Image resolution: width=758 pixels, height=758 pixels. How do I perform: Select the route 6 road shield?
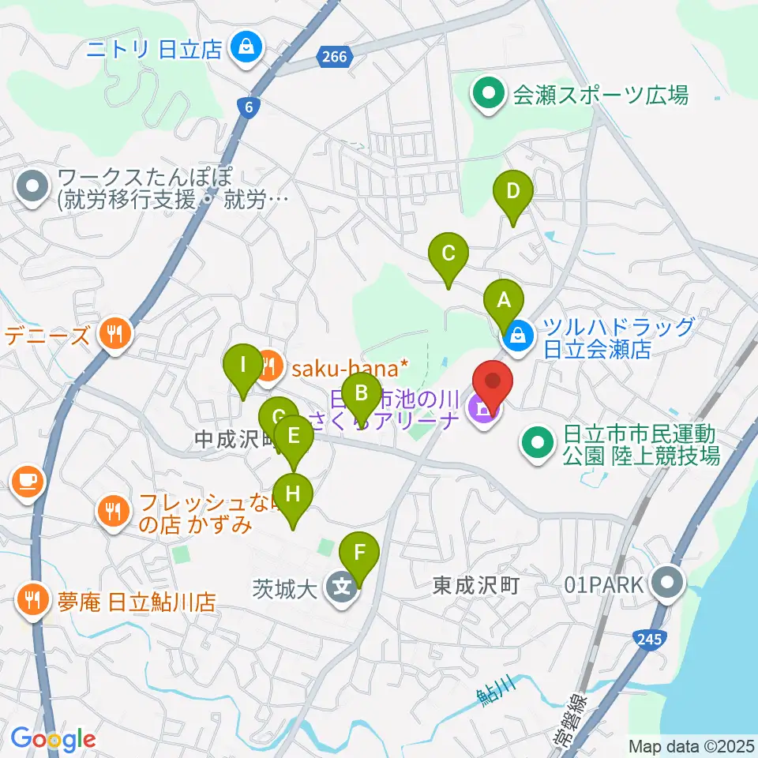(249, 109)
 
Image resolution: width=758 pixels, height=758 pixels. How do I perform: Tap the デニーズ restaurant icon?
(115, 336)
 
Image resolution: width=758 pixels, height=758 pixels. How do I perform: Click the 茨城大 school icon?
(341, 587)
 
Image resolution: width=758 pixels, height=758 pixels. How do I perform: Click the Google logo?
(53, 738)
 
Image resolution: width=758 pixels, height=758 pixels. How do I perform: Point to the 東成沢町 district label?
(475, 586)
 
